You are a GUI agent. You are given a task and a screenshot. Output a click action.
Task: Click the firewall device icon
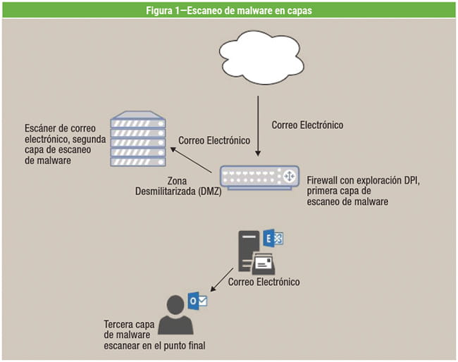tap(256, 177)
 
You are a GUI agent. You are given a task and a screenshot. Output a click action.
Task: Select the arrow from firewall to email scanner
tap(192, 161)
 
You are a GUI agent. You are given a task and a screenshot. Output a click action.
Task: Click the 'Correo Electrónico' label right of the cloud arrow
tap(307, 125)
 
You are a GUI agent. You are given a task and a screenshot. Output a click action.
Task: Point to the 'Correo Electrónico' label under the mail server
tap(264, 282)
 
